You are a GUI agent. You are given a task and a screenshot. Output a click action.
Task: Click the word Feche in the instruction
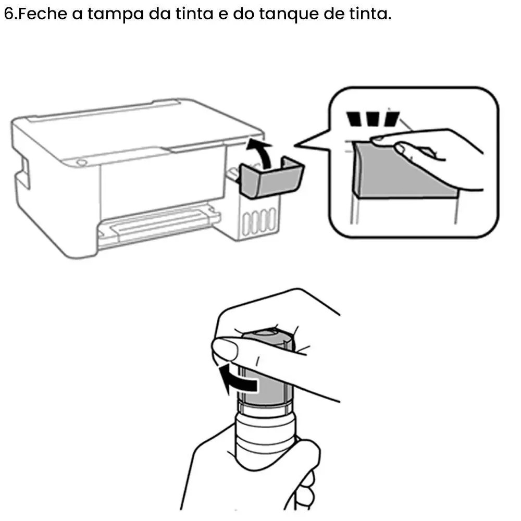tap(43, 14)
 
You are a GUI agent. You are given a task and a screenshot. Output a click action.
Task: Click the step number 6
tap(9, 14)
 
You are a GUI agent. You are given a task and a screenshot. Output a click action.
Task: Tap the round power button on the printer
tap(81, 163)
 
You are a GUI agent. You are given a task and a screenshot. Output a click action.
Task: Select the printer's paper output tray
tap(159, 224)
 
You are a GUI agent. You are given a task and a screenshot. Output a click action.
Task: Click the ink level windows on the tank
tap(259, 220)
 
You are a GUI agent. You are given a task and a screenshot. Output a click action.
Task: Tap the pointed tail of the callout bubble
tap(295, 145)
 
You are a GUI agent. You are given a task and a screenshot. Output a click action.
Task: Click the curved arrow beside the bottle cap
tap(237, 379)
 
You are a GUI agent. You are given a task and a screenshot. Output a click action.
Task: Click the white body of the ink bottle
tap(265, 435)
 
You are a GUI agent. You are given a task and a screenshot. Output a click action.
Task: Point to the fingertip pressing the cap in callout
tap(379, 140)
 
